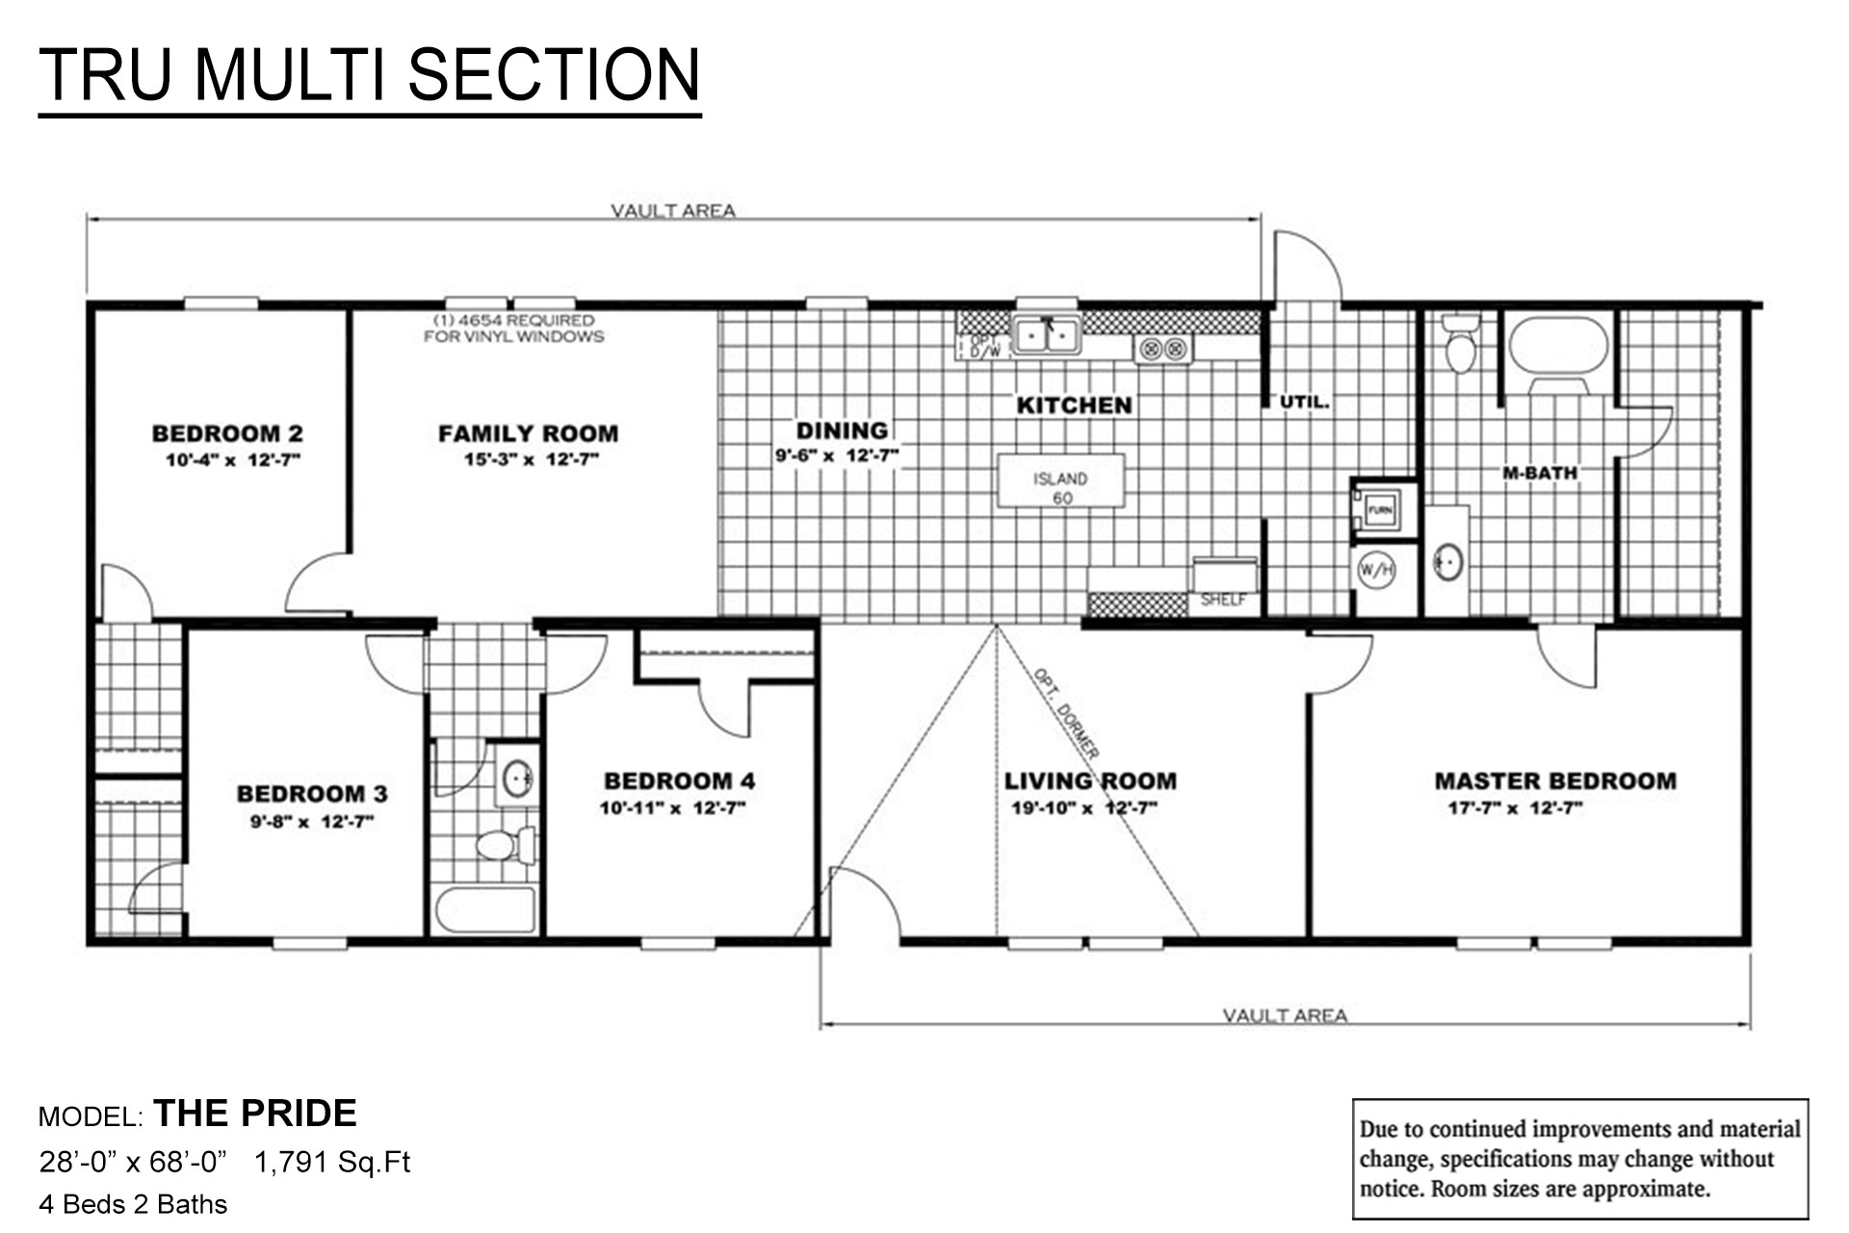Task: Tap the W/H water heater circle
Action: (x=1375, y=570)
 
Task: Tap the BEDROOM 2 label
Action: (x=227, y=433)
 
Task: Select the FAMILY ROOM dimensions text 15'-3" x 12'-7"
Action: (x=532, y=460)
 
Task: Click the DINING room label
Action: (x=842, y=431)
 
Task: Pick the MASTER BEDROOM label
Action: (x=1554, y=781)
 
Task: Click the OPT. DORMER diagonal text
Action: (x=1066, y=712)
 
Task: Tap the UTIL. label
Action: (x=1304, y=403)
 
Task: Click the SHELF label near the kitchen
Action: (x=1223, y=600)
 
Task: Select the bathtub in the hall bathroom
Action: (x=484, y=910)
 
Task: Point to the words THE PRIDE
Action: (x=255, y=1114)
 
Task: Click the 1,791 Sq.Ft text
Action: (x=332, y=1163)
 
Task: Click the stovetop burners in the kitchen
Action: (x=1163, y=349)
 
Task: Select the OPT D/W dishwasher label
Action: (x=983, y=347)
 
